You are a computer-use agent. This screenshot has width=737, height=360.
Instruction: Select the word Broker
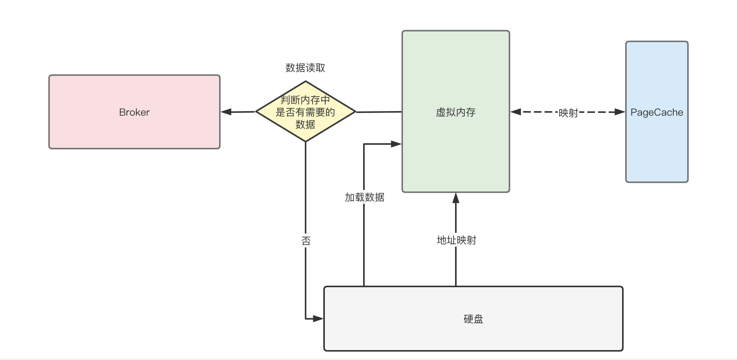pos(134,112)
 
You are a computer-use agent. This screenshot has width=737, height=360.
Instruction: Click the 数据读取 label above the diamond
pos(305,68)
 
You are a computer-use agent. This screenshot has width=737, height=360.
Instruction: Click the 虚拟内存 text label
pos(455,112)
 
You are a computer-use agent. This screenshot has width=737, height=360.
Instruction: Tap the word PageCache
pos(657,112)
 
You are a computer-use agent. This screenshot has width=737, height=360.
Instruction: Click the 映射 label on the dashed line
pos(568,113)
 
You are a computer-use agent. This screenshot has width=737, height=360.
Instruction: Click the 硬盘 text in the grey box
pos(473,319)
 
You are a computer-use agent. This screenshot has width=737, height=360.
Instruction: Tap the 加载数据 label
pos(364,197)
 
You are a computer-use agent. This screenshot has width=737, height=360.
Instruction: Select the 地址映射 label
pos(456,240)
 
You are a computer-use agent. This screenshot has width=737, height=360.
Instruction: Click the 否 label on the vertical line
pos(306,241)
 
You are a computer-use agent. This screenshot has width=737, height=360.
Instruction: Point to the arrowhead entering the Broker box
pos(226,112)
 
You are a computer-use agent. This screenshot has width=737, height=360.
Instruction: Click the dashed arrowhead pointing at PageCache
pos(620,112)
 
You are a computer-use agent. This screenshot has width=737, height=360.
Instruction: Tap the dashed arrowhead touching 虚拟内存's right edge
pos(516,112)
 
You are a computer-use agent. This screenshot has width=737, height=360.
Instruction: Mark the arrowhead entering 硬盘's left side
pos(318,318)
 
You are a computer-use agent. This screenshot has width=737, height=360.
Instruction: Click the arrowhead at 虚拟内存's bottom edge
pos(455,198)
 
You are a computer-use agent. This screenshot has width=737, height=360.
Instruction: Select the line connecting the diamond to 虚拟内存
pos(378,112)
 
